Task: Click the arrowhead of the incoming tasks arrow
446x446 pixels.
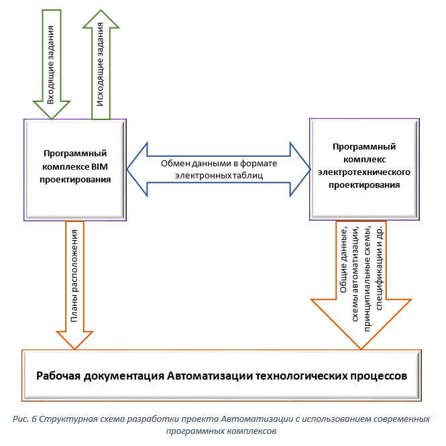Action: pyautogui.click(x=50, y=109)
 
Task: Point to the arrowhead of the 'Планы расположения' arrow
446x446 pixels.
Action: pyautogui.click(x=75, y=338)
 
